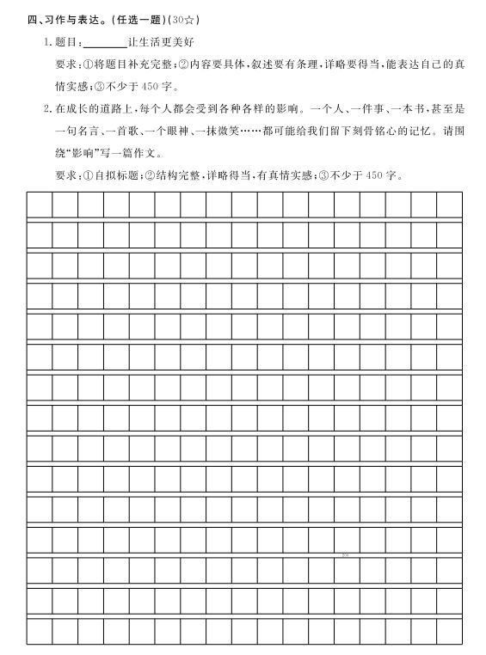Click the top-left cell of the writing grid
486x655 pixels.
40,205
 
